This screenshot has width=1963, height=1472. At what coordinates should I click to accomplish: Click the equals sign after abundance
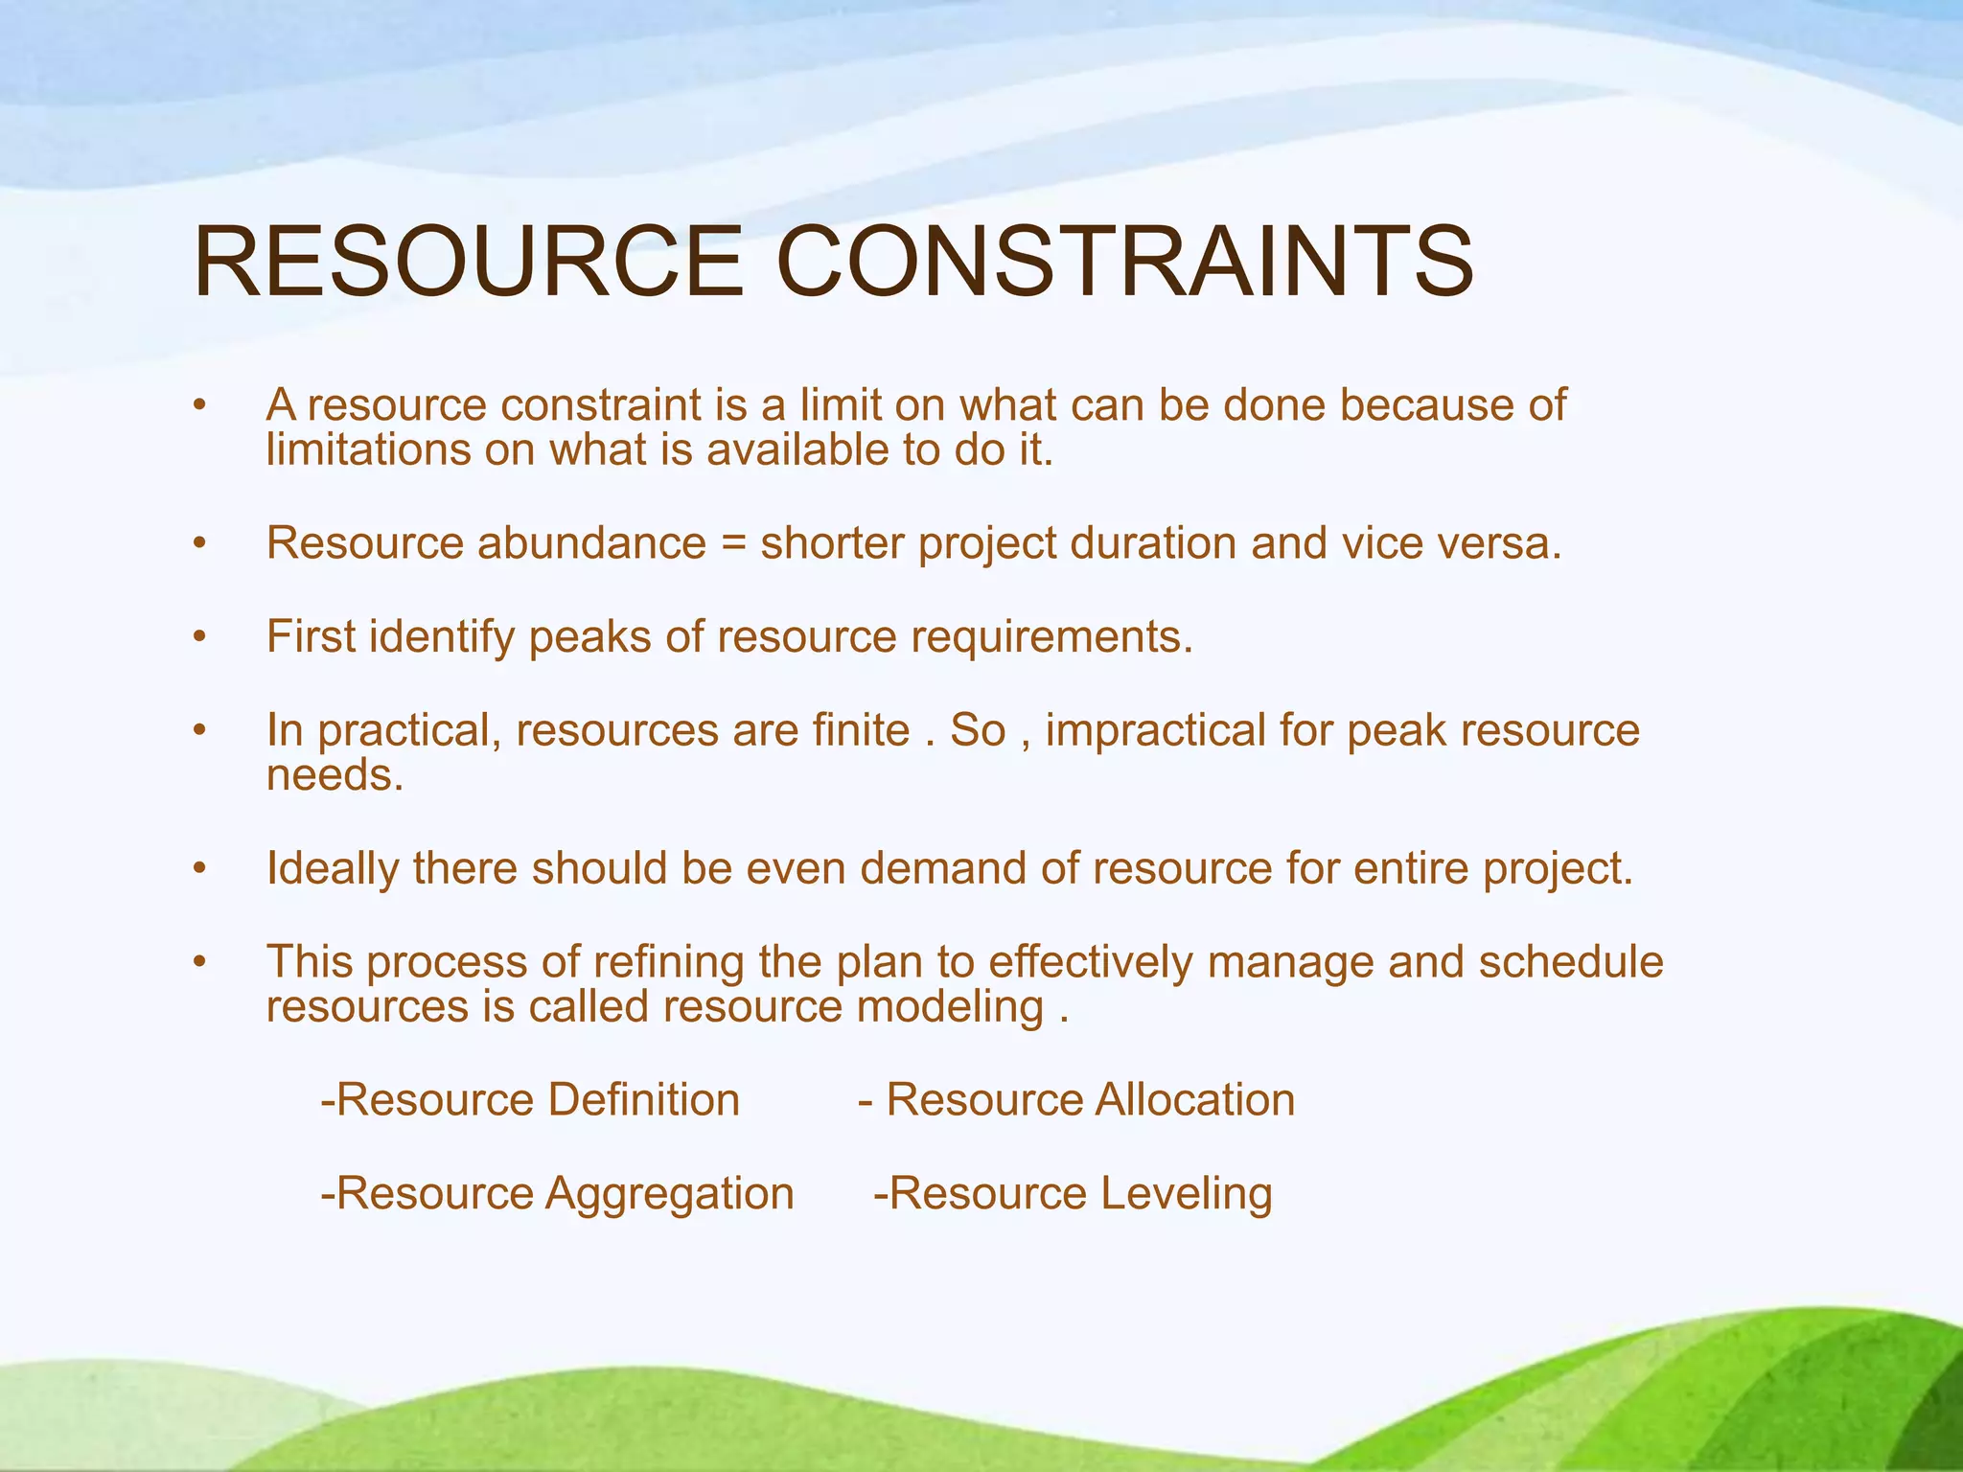click(x=732, y=544)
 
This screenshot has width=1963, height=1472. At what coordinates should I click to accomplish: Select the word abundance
click(x=591, y=543)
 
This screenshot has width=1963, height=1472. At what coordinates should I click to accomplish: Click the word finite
click(x=861, y=730)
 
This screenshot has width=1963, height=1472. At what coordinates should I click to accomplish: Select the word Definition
click(x=643, y=1100)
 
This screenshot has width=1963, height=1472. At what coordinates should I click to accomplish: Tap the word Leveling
click(x=1186, y=1194)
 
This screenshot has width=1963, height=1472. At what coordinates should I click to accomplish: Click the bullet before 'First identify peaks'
click(x=199, y=637)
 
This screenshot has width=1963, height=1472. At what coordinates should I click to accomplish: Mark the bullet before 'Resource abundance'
click(x=199, y=544)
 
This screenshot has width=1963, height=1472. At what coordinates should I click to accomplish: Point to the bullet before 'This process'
click(x=199, y=962)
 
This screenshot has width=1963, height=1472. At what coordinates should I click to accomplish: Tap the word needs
click(x=335, y=775)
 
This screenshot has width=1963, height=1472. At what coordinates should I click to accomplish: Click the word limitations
click(x=368, y=450)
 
